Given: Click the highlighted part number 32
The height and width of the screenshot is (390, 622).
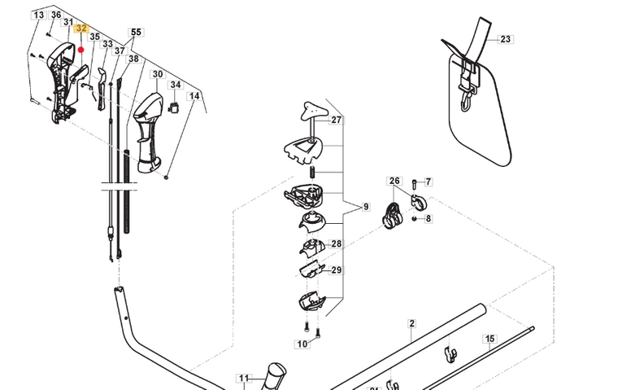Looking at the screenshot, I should pyautogui.click(x=81, y=27).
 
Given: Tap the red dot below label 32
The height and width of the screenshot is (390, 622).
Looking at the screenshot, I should pyautogui.click(x=81, y=49).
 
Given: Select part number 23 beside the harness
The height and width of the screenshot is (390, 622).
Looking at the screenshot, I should pyautogui.click(x=506, y=39).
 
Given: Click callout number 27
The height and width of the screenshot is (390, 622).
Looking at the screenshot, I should pyautogui.click(x=336, y=120).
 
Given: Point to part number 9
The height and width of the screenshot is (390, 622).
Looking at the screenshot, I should pyautogui.click(x=366, y=206).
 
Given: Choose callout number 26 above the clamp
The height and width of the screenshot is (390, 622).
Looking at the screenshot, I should pyautogui.click(x=395, y=181).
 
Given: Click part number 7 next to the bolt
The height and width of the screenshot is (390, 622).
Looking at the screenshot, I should pyautogui.click(x=428, y=182).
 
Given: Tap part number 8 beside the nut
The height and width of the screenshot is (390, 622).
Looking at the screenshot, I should pyautogui.click(x=428, y=218).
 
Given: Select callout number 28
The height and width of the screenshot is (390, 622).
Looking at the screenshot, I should pyautogui.click(x=336, y=243).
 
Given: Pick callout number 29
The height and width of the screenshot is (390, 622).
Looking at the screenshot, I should pyautogui.click(x=336, y=269).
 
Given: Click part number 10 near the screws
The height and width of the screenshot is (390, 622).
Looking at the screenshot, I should pyautogui.click(x=302, y=344).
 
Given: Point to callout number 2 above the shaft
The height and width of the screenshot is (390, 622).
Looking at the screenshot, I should pyautogui.click(x=411, y=323).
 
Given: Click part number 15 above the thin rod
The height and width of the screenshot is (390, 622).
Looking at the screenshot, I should pyautogui.click(x=489, y=338).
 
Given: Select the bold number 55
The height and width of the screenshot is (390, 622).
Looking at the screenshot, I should pyautogui.click(x=136, y=32).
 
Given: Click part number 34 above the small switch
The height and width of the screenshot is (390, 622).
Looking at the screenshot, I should pyautogui.click(x=175, y=85).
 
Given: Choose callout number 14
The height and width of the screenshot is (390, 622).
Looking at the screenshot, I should pyautogui.click(x=194, y=96).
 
